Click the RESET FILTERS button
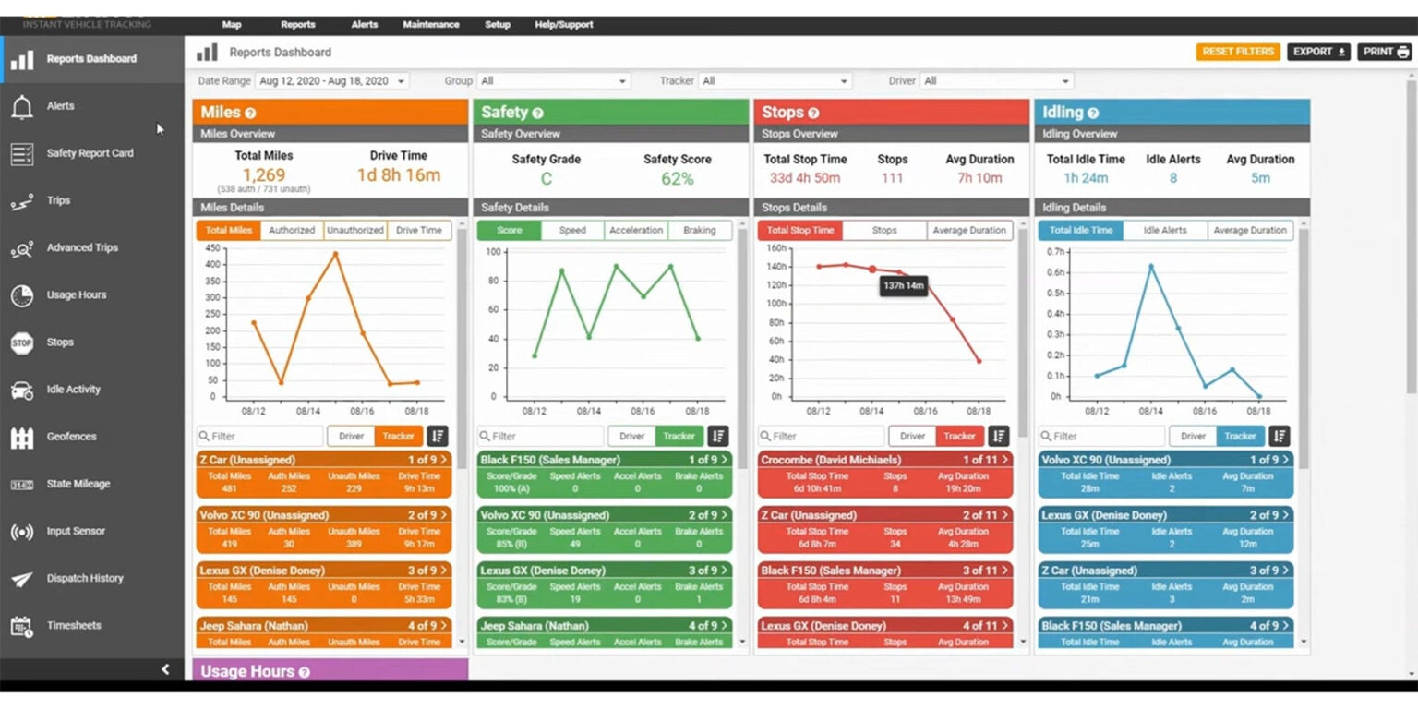pyautogui.click(x=1237, y=52)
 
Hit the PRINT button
pyautogui.click(x=1384, y=52)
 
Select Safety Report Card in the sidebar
pyautogui.click(x=90, y=153)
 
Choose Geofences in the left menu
pyautogui.click(x=71, y=437)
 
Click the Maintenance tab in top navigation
pyautogui.click(x=430, y=25)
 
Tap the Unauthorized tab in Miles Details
pyautogui.click(x=355, y=231)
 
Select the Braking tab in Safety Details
pyautogui.click(x=699, y=231)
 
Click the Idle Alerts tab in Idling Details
pyautogui.click(x=1165, y=231)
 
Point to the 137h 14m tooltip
pyautogui.click(x=904, y=286)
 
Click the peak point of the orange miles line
pyautogui.click(x=335, y=254)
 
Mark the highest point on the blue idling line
pyautogui.click(x=1150, y=267)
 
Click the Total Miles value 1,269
pyautogui.click(x=264, y=175)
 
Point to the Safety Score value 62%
pyautogui.click(x=677, y=178)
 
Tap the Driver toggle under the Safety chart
pyautogui.click(x=631, y=437)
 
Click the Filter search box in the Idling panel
pyautogui.click(x=1100, y=437)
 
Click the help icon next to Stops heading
pyautogui.click(x=813, y=114)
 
